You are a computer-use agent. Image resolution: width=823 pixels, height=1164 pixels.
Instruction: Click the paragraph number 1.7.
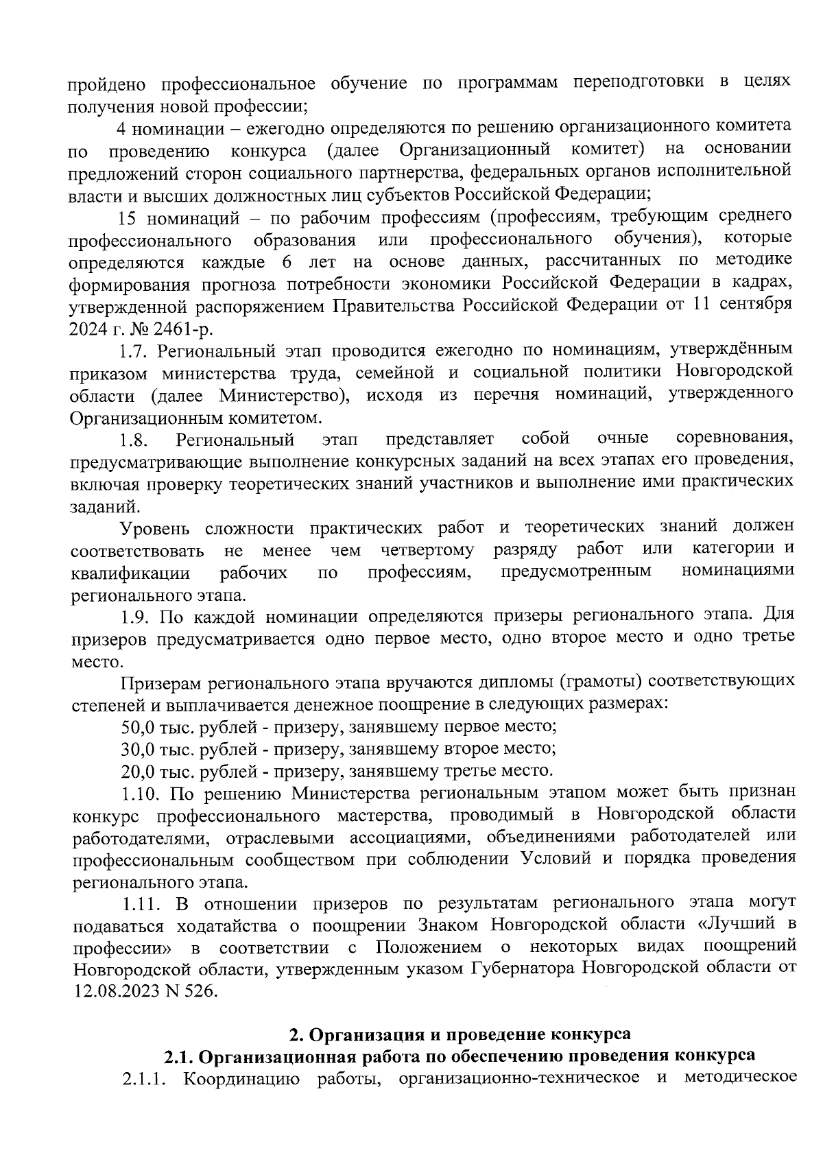(134, 351)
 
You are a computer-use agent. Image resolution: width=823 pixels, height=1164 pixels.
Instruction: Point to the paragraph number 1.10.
(141, 794)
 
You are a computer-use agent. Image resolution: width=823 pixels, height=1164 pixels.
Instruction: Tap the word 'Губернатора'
(526, 969)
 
